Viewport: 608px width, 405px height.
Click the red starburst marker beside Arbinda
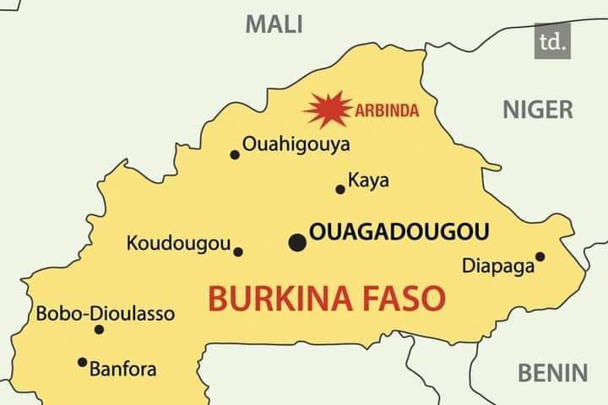point(328,109)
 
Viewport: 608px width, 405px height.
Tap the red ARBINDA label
point(388,110)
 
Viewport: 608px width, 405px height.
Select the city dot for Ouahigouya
point(235,154)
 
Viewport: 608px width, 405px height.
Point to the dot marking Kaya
point(340,189)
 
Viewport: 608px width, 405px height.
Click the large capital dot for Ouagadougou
point(297,243)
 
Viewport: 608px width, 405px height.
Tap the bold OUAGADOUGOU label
point(400,232)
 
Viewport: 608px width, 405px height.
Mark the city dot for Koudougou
point(238,251)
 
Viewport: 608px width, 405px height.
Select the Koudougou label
point(178,244)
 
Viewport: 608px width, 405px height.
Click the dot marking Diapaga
point(540,256)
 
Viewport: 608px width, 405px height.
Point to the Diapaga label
point(498,267)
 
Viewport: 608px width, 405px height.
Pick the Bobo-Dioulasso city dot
point(99,329)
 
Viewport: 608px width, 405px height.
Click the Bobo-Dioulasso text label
point(106,314)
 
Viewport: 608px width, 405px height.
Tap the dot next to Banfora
point(82,362)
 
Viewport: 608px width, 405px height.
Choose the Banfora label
point(123,369)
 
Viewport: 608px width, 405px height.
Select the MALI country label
point(274,24)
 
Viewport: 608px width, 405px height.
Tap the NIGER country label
point(538,109)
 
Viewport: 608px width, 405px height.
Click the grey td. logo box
point(552,40)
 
